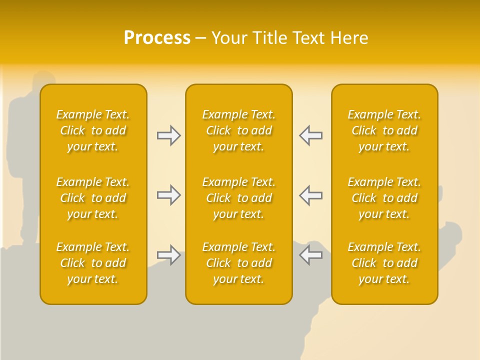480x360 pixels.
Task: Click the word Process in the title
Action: point(157,38)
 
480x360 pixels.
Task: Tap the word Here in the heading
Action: point(349,38)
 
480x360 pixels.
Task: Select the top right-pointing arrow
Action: point(169,135)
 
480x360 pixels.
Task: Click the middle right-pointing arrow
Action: point(169,195)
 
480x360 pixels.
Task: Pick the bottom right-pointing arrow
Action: point(169,255)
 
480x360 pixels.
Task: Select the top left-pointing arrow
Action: point(310,135)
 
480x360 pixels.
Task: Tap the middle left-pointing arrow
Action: point(310,195)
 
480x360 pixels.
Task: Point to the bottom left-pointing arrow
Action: point(310,255)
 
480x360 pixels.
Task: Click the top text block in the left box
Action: point(93,130)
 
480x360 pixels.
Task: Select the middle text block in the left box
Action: point(93,198)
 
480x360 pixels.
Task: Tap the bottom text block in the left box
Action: point(93,263)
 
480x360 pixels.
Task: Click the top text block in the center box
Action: point(238,130)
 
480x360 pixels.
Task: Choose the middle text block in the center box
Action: point(238,198)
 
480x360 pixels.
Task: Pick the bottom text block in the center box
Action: point(238,263)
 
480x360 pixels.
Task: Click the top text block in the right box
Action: point(384,130)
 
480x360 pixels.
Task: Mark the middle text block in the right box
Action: point(384,198)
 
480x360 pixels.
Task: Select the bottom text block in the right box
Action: point(384,263)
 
